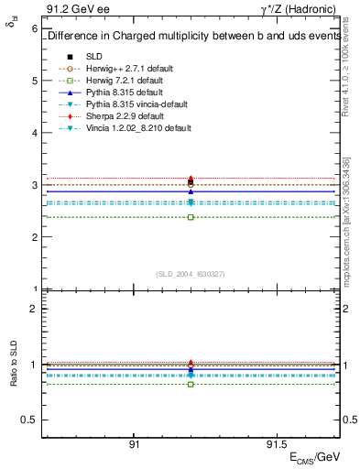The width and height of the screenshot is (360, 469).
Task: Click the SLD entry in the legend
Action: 95,57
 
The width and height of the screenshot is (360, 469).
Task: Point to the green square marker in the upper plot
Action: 191,217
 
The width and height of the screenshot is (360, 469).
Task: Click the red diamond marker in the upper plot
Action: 191,179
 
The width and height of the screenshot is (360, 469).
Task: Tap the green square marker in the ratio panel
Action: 191,384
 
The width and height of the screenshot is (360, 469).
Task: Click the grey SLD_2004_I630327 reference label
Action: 191,273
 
